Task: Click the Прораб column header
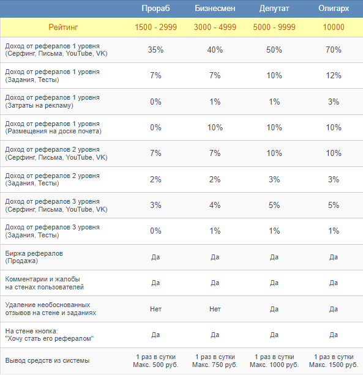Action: [x=155, y=9]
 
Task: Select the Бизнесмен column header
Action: [x=215, y=9]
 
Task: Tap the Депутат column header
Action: [x=274, y=9]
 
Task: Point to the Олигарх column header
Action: [x=334, y=9]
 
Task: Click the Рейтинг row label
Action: [x=63, y=28]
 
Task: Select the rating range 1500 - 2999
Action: [x=155, y=28]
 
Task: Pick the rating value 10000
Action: [x=334, y=28]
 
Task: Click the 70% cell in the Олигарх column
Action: [x=334, y=50]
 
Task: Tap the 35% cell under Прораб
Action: [x=155, y=50]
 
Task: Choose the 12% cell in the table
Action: [x=334, y=76]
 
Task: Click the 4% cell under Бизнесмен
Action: [x=215, y=205]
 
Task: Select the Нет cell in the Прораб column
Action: [x=155, y=309]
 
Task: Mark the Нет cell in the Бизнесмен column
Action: [x=215, y=309]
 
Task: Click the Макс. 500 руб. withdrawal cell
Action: [x=155, y=365]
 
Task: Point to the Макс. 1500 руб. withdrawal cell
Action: [x=334, y=365]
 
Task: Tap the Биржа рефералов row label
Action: [x=34, y=257]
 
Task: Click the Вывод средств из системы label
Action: [x=47, y=361]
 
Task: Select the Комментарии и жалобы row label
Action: [x=45, y=283]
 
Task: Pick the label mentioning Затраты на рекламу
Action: [x=52, y=102]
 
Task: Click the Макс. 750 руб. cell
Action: [x=215, y=365]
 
